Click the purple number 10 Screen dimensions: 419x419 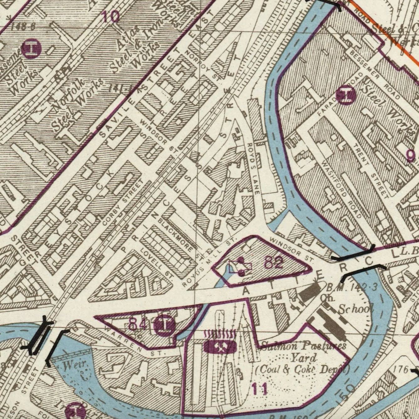click(110, 16)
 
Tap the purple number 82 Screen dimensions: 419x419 click(273, 262)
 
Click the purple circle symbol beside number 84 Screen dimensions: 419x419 click(165, 326)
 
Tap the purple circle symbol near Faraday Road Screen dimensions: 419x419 click(346, 95)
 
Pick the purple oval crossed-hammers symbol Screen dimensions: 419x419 click(220, 347)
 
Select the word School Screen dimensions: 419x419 click(355, 309)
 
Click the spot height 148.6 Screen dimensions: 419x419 click(22, 27)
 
